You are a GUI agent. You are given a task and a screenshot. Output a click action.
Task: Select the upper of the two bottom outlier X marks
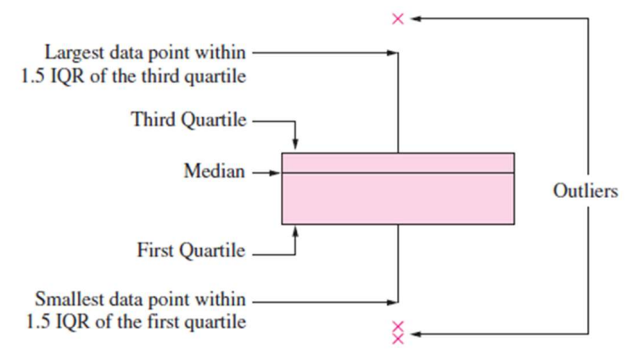397,326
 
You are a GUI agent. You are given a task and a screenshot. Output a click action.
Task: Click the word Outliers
585,191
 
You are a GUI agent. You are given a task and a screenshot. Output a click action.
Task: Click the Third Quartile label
188,120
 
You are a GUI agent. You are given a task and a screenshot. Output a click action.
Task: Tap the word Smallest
67,300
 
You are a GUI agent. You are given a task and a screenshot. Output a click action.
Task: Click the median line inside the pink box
398,173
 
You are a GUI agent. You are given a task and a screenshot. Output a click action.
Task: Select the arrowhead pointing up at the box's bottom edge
294,229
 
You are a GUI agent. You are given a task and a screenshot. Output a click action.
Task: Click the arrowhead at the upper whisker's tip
393,53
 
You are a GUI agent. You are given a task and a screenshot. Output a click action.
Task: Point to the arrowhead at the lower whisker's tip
393,301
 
